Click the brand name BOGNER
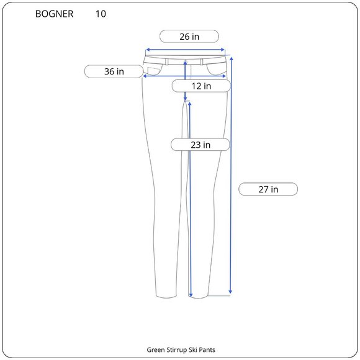(x=54, y=14)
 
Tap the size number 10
(x=101, y=14)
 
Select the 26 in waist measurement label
(x=189, y=37)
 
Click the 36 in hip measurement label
(x=114, y=71)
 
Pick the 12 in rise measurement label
(x=201, y=86)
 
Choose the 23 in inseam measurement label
(x=200, y=145)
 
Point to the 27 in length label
(x=268, y=189)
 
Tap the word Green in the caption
(x=156, y=350)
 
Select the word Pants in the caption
(x=207, y=350)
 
